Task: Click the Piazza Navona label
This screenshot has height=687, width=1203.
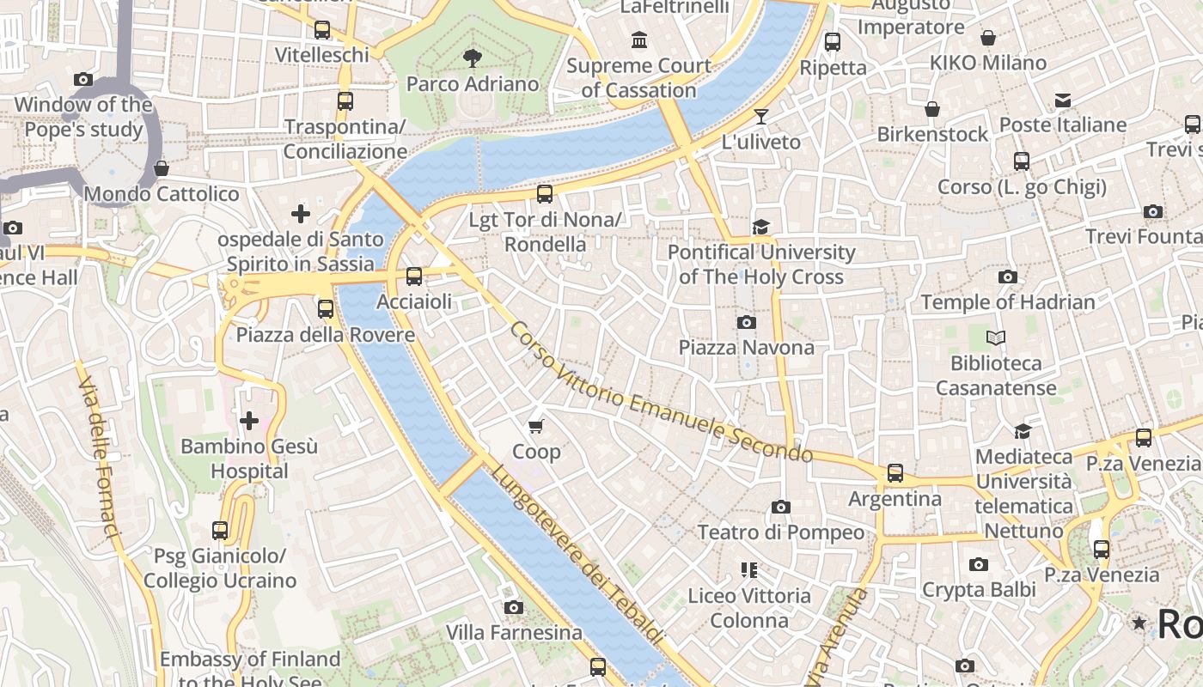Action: [x=746, y=347]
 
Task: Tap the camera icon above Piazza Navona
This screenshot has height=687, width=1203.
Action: [x=746, y=323]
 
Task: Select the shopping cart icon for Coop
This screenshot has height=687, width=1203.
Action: [x=536, y=427]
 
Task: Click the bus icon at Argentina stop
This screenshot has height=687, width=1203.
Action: [x=895, y=473]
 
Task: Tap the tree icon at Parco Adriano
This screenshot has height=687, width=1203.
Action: [x=472, y=58]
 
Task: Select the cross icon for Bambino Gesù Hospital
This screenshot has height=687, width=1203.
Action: [x=249, y=421]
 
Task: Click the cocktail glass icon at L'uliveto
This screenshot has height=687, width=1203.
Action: [x=761, y=116]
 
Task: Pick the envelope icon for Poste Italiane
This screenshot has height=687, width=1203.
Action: [x=1063, y=100]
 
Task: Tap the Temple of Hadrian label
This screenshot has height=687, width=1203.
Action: [x=1008, y=302]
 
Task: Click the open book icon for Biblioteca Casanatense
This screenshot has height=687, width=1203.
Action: [x=996, y=337]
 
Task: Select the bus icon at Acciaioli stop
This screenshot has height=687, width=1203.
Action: [x=414, y=277]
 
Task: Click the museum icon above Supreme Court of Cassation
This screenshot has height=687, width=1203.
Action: [x=638, y=40]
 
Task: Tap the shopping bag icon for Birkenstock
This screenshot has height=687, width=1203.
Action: [x=932, y=109]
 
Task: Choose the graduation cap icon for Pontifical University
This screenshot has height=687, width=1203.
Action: [x=760, y=227]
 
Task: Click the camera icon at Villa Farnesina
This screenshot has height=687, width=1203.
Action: [x=514, y=608]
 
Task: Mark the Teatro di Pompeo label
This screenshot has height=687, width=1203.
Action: [x=780, y=532]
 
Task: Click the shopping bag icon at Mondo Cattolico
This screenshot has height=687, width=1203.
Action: [x=161, y=168]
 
